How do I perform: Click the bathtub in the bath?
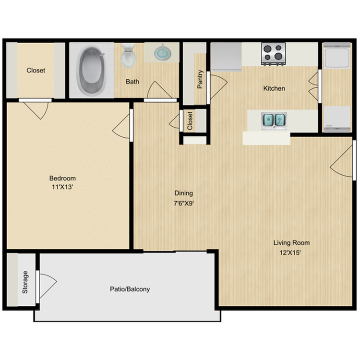click(x=92, y=70)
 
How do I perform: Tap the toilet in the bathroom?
click(x=128, y=55)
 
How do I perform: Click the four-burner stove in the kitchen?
click(x=273, y=54)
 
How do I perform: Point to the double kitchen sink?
click(x=274, y=120)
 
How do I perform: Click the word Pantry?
click(x=200, y=79)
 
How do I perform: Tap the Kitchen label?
click(x=274, y=88)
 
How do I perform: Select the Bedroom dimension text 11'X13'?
click(x=62, y=187)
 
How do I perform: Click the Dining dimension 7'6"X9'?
click(x=184, y=203)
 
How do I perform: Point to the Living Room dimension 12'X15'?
click(x=290, y=253)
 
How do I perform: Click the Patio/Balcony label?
click(x=130, y=289)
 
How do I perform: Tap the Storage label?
click(x=25, y=282)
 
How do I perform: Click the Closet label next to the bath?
click(x=36, y=70)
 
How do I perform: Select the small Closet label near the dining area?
click(x=190, y=121)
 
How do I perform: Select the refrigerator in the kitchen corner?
click(x=226, y=57)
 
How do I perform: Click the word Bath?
click(x=132, y=82)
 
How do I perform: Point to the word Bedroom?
click(x=62, y=178)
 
